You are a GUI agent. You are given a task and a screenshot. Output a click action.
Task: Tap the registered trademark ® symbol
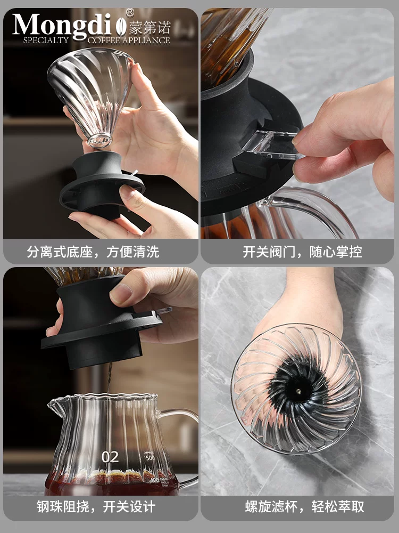point(129,12)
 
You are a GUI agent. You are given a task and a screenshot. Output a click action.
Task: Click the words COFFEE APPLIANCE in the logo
point(129,40)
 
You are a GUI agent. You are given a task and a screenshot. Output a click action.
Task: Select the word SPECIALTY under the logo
point(46,40)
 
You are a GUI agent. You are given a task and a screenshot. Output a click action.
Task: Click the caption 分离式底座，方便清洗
point(93,252)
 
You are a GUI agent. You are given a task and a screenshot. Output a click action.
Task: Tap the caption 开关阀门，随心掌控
point(302,252)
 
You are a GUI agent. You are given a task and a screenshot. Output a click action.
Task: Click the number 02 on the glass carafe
point(110,457)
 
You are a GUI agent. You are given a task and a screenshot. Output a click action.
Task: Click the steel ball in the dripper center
point(298,392)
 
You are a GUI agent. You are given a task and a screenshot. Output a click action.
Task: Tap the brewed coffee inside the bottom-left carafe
point(106,485)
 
